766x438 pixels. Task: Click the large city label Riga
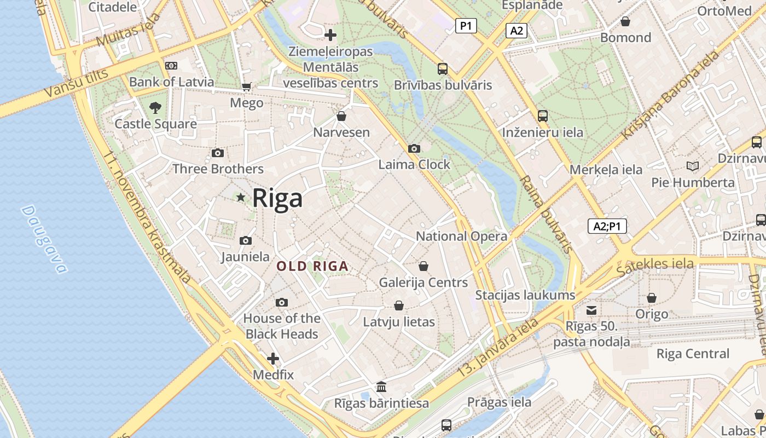(x=277, y=198)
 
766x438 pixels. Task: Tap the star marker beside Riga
(x=240, y=197)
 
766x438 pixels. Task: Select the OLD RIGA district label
(x=312, y=267)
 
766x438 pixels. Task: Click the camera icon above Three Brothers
(x=218, y=153)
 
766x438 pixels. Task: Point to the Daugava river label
(x=44, y=239)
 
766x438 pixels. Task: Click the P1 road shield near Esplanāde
(x=466, y=25)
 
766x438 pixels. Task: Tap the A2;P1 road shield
(x=607, y=226)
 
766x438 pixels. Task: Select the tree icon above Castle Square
(x=155, y=107)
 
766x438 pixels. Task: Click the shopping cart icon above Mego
(x=246, y=87)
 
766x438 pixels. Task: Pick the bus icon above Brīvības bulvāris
(x=443, y=69)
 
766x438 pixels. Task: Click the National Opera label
(x=461, y=236)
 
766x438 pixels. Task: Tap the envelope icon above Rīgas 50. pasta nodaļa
(x=591, y=310)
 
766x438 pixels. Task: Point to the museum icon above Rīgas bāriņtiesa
(x=381, y=387)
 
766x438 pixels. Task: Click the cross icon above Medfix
(x=273, y=359)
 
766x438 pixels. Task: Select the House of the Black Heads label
(x=282, y=326)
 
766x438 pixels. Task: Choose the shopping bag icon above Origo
(x=651, y=298)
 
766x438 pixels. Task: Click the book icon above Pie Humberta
(x=693, y=166)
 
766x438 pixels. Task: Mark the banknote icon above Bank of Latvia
(x=171, y=66)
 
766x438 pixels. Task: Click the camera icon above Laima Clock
(x=414, y=148)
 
